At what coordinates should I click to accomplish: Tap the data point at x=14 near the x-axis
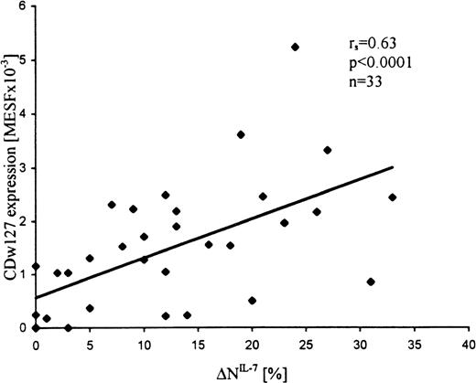click(187, 315)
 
